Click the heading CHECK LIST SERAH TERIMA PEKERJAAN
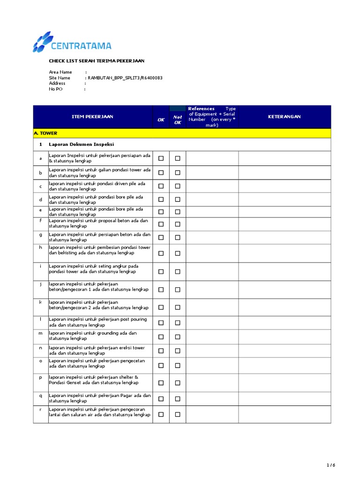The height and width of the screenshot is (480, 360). (x=97, y=61)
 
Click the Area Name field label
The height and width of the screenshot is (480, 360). (x=60, y=72)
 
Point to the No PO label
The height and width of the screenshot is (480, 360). (x=56, y=89)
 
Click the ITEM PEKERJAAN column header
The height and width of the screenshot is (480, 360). (x=92, y=117)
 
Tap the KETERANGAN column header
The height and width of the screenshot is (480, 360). (x=284, y=117)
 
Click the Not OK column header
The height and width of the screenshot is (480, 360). (x=178, y=120)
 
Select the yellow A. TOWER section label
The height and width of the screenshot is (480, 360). (x=45, y=133)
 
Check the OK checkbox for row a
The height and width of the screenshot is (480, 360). (x=161, y=158)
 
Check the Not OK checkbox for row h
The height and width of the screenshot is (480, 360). (x=178, y=253)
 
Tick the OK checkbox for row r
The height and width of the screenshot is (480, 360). (x=161, y=414)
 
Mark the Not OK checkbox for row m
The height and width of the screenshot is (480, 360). (x=178, y=337)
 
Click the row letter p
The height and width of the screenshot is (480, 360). (x=41, y=377)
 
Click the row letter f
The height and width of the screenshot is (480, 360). (x=41, y=220)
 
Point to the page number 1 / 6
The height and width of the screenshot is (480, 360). (x=331, y=465)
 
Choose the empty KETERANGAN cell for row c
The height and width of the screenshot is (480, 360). (x=284, y=186)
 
